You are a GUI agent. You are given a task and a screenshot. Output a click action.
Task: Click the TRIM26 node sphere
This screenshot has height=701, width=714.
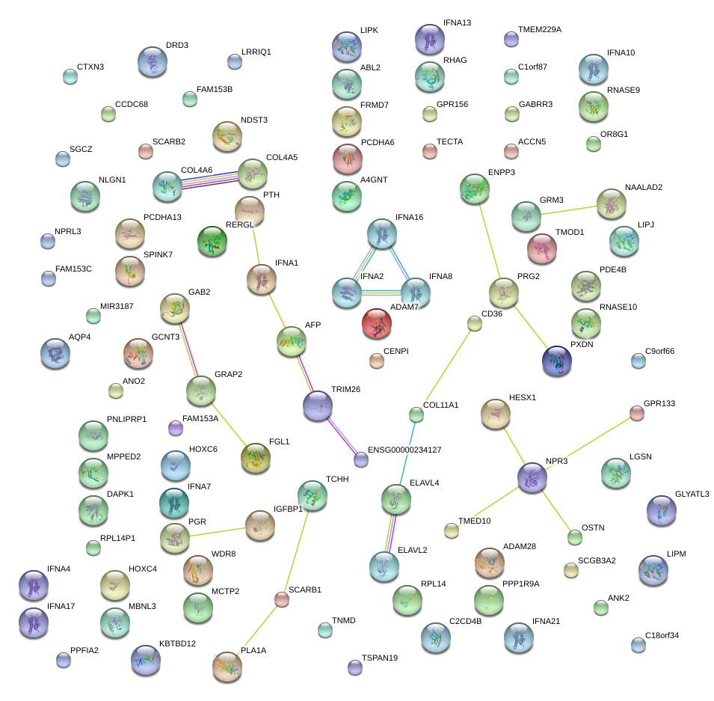[x=318, y=405]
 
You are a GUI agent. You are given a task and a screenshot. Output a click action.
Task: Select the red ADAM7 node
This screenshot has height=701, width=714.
[x=377, y=323]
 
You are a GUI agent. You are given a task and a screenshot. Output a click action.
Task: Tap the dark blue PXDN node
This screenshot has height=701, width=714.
[x=556, y=360]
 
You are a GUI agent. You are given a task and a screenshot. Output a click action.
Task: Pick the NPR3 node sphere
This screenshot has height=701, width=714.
[x=533, y=477]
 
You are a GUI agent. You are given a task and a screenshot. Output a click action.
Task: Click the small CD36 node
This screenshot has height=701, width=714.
[x=475, y=323]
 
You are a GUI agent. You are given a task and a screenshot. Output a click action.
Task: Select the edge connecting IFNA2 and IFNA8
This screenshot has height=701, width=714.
[x=381, y=293]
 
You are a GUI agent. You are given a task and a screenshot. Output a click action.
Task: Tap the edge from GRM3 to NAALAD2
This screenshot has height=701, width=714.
[x=569, y=209]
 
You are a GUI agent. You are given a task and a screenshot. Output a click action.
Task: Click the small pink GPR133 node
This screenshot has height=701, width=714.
[x=636, y=412]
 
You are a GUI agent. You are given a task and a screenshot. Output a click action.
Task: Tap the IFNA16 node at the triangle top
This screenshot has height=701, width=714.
[x=382, y=234]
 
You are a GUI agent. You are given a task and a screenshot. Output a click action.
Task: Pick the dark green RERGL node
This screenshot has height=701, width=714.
[x=212, y=241]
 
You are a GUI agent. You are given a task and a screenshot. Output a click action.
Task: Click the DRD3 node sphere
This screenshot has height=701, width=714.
[x=153, y=63]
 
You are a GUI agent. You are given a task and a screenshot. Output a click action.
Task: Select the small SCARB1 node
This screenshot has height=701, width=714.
[x=282, y=599]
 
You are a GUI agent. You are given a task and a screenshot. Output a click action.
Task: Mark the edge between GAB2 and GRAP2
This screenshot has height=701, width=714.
[x=188, y=349]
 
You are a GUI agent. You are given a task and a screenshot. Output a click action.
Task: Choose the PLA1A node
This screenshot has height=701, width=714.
[x=227, y=667]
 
